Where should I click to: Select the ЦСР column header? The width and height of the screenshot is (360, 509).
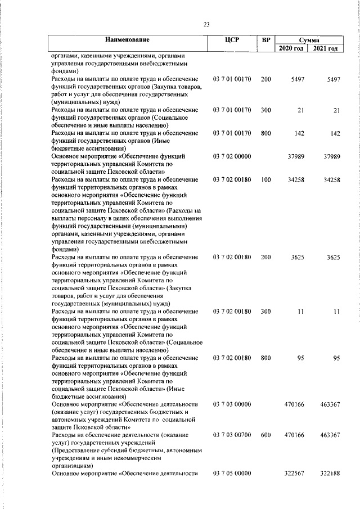coord(232,40)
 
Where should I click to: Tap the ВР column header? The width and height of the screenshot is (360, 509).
coord(266,40)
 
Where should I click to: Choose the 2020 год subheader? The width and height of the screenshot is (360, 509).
coord(292,49)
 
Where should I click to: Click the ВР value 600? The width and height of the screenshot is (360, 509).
coord(266,435)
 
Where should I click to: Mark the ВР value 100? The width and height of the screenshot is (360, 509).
coord(266,180)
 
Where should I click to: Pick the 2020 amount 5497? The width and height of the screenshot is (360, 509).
coord(298,80)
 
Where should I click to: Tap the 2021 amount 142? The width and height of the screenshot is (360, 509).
coord(335,134)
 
